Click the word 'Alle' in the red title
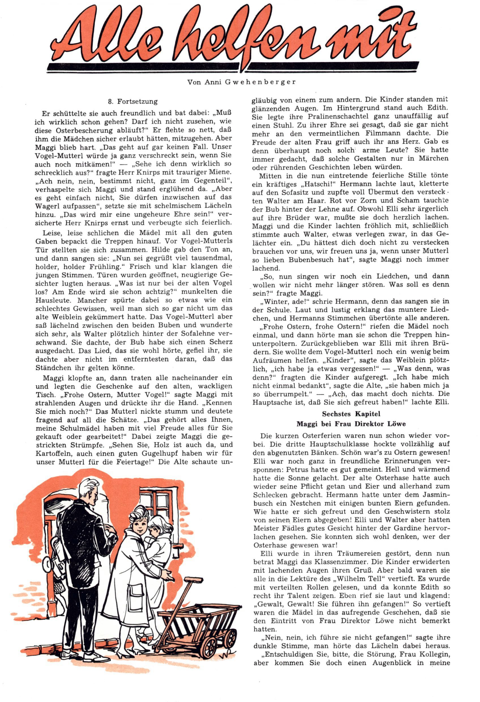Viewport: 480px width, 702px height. tap(106, 36)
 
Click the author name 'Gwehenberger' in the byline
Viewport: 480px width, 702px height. tap(260, 82)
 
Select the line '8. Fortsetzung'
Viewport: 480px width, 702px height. tap(133, 102)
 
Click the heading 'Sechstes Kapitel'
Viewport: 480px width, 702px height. tap(351, 414)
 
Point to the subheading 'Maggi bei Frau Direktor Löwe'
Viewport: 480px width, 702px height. tap(351, 424)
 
